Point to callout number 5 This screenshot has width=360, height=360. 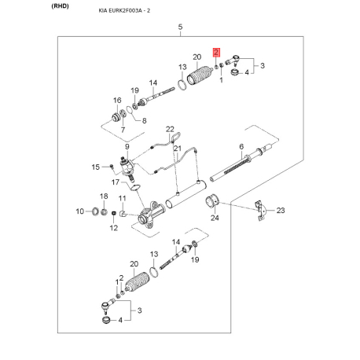tap(180, 28)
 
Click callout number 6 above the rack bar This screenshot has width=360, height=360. tap(241, 147)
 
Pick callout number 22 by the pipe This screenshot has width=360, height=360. tap(169, 129)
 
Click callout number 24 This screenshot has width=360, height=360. tap(214, 218)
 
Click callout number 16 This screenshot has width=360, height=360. tap(117, 100)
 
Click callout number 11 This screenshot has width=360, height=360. tap(122, 199)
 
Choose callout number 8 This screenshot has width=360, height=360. tap(144, 119)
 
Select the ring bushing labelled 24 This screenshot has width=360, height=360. tap(211, 204)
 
